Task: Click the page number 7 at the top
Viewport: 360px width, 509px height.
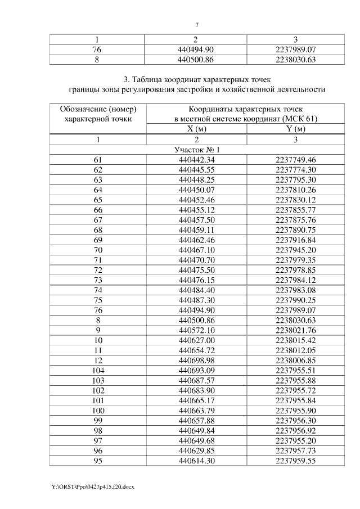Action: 197,24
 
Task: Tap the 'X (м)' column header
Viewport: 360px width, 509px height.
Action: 197,129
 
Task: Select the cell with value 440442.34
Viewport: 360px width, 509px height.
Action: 197,160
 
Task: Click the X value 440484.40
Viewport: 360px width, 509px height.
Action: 197,290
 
